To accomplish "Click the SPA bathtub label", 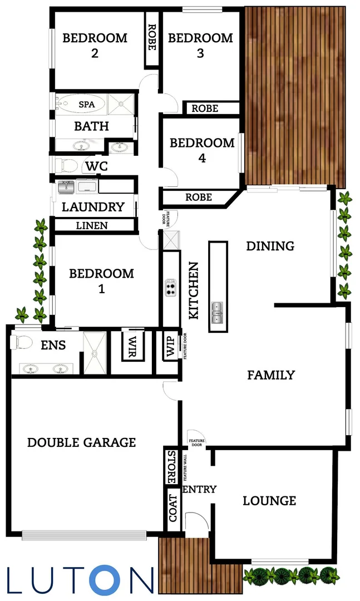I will [86, 104].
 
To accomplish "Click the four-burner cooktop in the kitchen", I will [170, 288].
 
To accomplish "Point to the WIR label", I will [133, 347].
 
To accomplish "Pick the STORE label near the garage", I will [171, 466].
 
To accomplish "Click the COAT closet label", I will [172, 508].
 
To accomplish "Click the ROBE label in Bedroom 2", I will [151, 37].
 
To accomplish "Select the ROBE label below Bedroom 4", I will [199, 197].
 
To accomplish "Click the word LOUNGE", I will [269, 501].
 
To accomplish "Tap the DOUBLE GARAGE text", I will [81, 442].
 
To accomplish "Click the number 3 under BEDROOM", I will [200, 53].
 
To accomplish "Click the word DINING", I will [270, 246].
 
